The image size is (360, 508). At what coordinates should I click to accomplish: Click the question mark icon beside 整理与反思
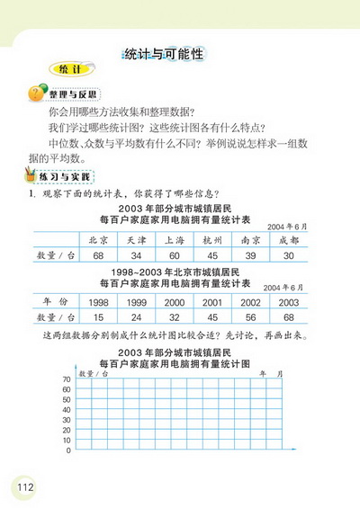pos(38,94)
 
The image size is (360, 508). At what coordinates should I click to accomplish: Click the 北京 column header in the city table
pos(97,241)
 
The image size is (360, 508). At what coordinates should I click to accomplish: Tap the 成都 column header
pos(288,241)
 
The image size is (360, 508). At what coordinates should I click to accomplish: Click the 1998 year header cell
pos(97,302)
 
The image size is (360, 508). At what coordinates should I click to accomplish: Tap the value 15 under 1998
pos(97,317)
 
